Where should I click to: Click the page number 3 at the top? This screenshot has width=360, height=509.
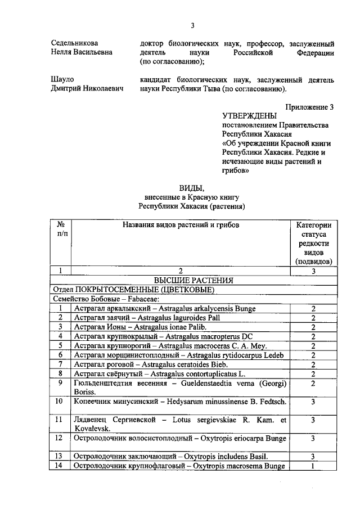(x=192, y=25)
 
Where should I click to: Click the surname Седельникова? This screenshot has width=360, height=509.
(x=74, y=43)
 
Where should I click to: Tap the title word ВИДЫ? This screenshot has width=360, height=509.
(x=192, y=187)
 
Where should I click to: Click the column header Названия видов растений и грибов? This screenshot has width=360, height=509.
(x=181, y=225)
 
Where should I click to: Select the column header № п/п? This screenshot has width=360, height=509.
(x=61, y=229)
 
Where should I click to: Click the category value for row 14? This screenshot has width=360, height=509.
(x=313, y=466)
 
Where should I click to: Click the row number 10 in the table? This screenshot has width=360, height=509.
(x=60, y=402)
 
